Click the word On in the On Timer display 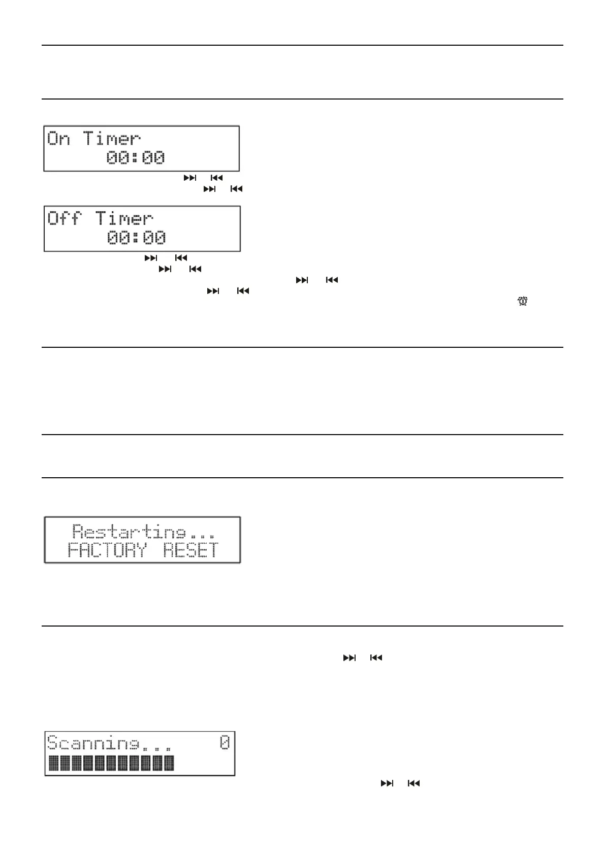click(58, 139)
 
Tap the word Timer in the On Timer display click(112, 139)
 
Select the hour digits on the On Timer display click(118, 158)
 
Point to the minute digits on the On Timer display click(153, 158)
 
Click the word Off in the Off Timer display click(65, 219)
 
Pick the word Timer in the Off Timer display click(124, 219)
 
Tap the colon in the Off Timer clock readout click(136, 238)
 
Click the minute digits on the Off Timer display click(154, 238)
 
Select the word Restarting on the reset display click(129, 532)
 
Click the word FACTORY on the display click(107, 550)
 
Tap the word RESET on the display click(191, 550)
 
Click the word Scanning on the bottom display click(92, 743)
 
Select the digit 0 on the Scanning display click(225, 743)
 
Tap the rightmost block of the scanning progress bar click(168, 763)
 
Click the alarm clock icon click(523, 302)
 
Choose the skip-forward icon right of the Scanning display click(387, 783)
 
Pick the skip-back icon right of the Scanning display click(414, 783)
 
